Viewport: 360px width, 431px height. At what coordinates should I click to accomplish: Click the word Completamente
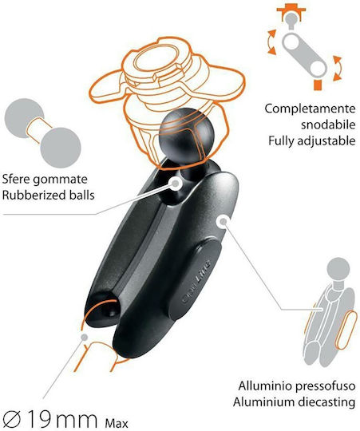pyautogui.click(x=310, y=109)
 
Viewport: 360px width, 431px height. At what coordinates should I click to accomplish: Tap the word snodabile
pyautogui.click(x=328, y=125)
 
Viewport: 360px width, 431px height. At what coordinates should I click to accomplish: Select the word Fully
pyautogui.click(x=281, y=141)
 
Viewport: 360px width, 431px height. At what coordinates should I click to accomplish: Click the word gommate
pyautogui.click(x=64, y=180)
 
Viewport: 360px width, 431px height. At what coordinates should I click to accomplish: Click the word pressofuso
pyautogui.click(x=325, y=386)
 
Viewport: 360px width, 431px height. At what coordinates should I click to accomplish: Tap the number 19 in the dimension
pyautogui.click(x=39, y=420)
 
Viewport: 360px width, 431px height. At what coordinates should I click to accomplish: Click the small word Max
pyautogui.click(x=117, y=423)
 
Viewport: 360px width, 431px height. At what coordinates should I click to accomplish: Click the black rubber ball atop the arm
pyautogui.click(x=187, y=136)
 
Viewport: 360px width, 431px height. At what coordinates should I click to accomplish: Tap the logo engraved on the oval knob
pyautogui.click(x=196, y=282)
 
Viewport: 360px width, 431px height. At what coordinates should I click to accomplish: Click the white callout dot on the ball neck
pyautogui.click(x=176, y=183)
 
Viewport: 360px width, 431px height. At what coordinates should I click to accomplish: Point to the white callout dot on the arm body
pyautogui.click(x=224, y=221)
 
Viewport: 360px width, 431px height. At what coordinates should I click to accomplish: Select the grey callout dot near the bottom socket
pyautogui.click(x=85, y=337)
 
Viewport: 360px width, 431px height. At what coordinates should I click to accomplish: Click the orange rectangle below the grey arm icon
pyautogui.click(x=318, y=85)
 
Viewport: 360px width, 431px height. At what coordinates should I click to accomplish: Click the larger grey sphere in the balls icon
pyautogui.click(x=61, y=148)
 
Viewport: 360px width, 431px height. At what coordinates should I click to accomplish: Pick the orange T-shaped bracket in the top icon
pyautogui.click(x=291, y=11)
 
